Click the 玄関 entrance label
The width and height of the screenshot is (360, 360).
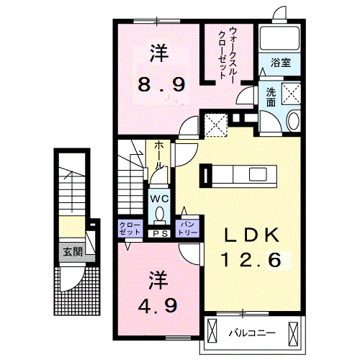click(72, 252)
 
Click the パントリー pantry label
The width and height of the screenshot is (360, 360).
click(189, 228)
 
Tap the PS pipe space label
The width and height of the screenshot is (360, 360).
click(160, 233)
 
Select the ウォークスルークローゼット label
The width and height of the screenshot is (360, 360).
click(228, 53)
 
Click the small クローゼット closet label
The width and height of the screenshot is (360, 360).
click(130, 228)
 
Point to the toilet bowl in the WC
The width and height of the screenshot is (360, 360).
click(159, 214)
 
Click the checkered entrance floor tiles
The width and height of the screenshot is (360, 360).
click(71, 288)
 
